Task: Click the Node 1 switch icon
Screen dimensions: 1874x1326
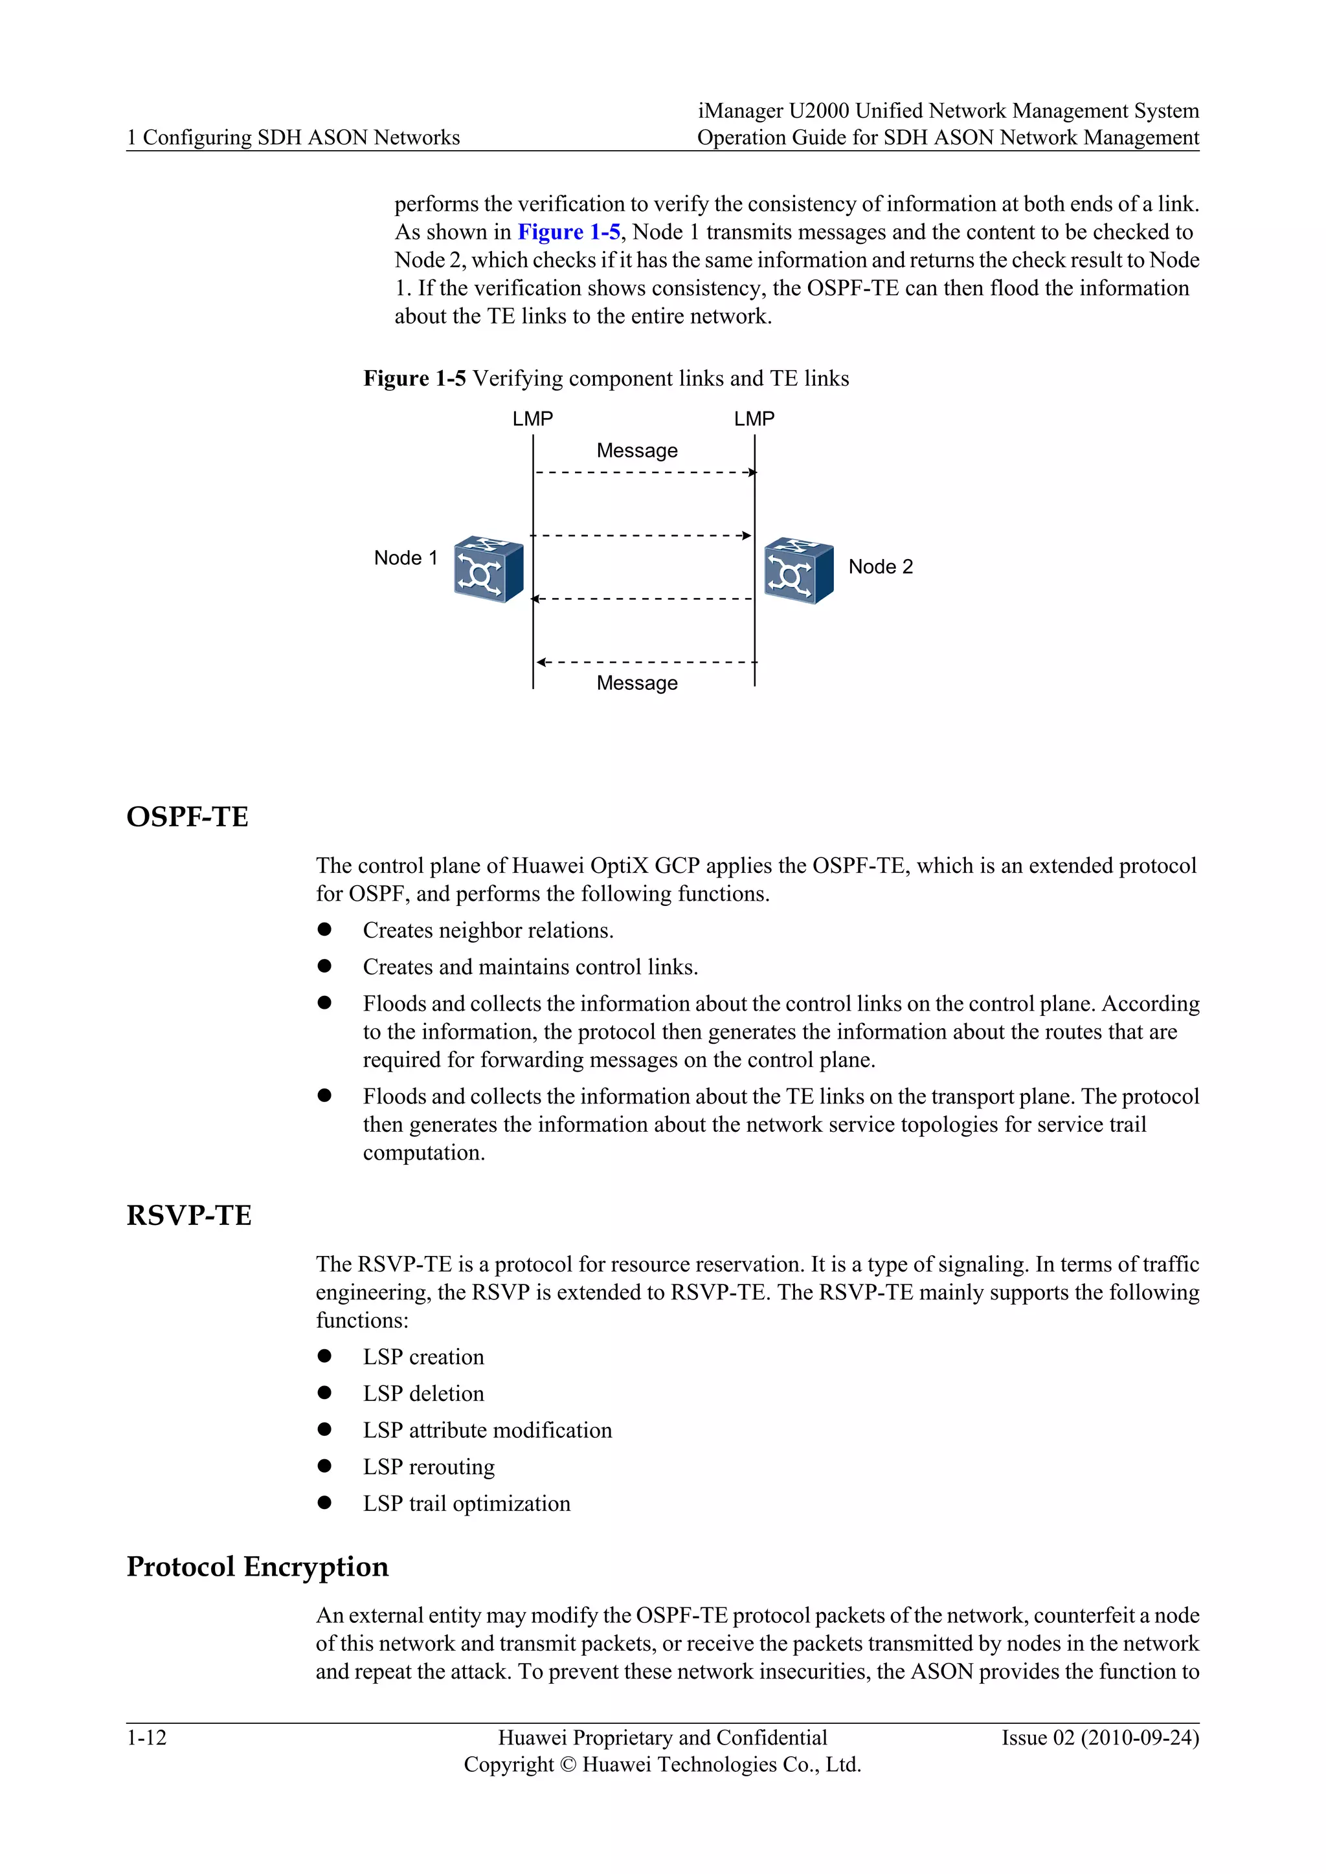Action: coord(488,569)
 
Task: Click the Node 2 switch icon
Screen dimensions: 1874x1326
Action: coord(798,571)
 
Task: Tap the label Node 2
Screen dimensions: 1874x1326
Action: coord(880,566)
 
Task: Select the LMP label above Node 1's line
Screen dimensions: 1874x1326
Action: coord(532,419)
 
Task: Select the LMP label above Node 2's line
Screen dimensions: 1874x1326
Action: coord(754,419)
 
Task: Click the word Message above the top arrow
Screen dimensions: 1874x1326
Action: coord(637,450)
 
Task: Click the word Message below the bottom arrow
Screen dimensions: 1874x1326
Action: coord(637,683)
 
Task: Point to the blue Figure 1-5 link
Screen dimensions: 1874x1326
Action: coord(568,232)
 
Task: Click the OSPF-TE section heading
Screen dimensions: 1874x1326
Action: coord(187,817)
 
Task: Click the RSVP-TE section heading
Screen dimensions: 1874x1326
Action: coord(188,1215)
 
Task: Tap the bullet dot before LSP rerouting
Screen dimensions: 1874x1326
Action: coord(324,1466)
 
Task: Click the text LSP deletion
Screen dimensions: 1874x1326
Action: coord(423,1393)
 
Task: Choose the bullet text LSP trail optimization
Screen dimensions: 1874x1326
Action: coord(466,1503)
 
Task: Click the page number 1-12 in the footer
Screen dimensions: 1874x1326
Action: coord(146,1737)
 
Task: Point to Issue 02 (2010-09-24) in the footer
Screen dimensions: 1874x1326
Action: coord(1100,1737)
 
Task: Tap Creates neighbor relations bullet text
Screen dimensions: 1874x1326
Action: coord(488,931)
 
